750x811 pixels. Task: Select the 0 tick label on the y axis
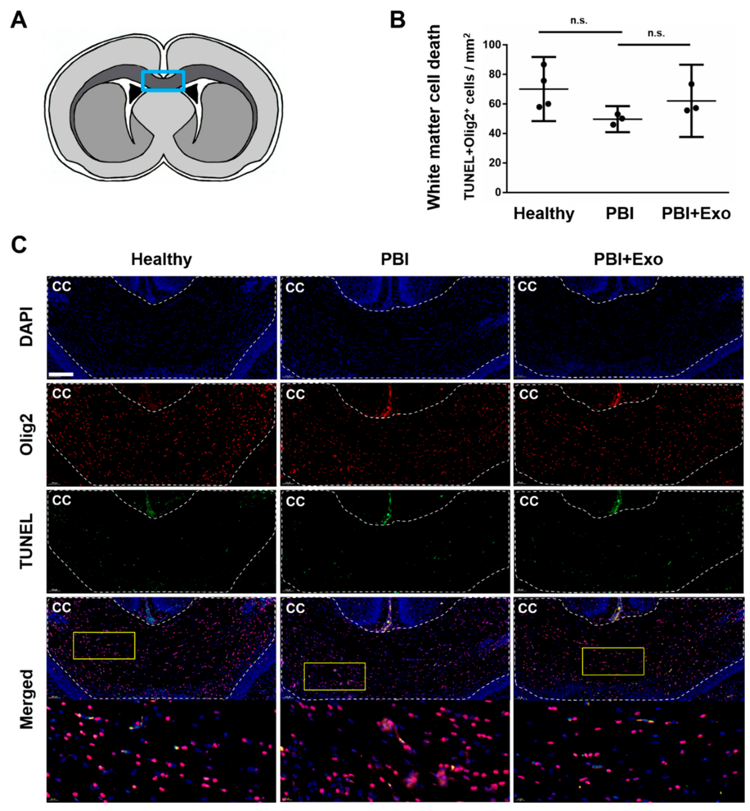498,192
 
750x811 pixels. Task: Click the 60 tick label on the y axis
494,104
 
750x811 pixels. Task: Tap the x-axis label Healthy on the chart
544,213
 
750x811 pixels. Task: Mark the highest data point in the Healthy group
544,64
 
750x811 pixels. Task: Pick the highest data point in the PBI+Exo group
691,84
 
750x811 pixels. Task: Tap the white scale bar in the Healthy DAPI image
61,374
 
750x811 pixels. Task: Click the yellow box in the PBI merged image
334,676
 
